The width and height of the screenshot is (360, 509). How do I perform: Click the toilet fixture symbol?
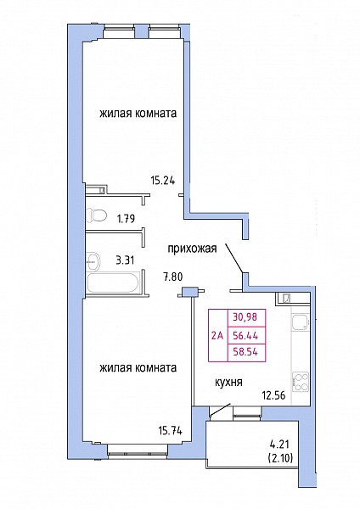point(97,215)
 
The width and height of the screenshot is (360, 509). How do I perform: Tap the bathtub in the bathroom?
point(113,282)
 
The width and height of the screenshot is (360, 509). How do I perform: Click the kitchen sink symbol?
point(300,322)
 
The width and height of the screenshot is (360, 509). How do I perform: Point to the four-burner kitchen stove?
point(301,382)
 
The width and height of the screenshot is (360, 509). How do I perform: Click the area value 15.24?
point(162,180)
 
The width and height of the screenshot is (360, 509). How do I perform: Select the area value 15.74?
point(170,431)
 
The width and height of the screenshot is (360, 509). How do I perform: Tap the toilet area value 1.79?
point(126,219)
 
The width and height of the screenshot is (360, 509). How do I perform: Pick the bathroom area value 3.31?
point(126,260)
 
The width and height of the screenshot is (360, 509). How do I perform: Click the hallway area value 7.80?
point(173,277)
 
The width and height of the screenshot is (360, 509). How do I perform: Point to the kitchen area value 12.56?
point(274,395)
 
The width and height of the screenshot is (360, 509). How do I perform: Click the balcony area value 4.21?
point(279,444)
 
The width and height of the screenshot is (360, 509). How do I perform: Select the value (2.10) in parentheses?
point(280,458)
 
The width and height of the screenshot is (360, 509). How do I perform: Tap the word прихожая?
point(192,249)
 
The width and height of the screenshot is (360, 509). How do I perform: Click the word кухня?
point(228,382)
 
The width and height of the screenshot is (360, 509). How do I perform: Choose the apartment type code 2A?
point(217,336)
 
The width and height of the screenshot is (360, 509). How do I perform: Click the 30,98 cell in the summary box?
point(245,316)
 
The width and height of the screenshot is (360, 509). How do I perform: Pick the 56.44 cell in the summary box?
point(245,336)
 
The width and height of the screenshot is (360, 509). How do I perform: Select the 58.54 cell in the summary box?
point(245,352)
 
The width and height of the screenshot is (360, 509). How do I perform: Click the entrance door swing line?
point(234,257)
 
